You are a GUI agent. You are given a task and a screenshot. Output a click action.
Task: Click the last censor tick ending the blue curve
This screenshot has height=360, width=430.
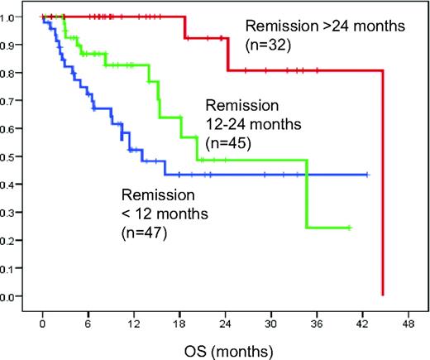pyautogui.click(x=365, y=175)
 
